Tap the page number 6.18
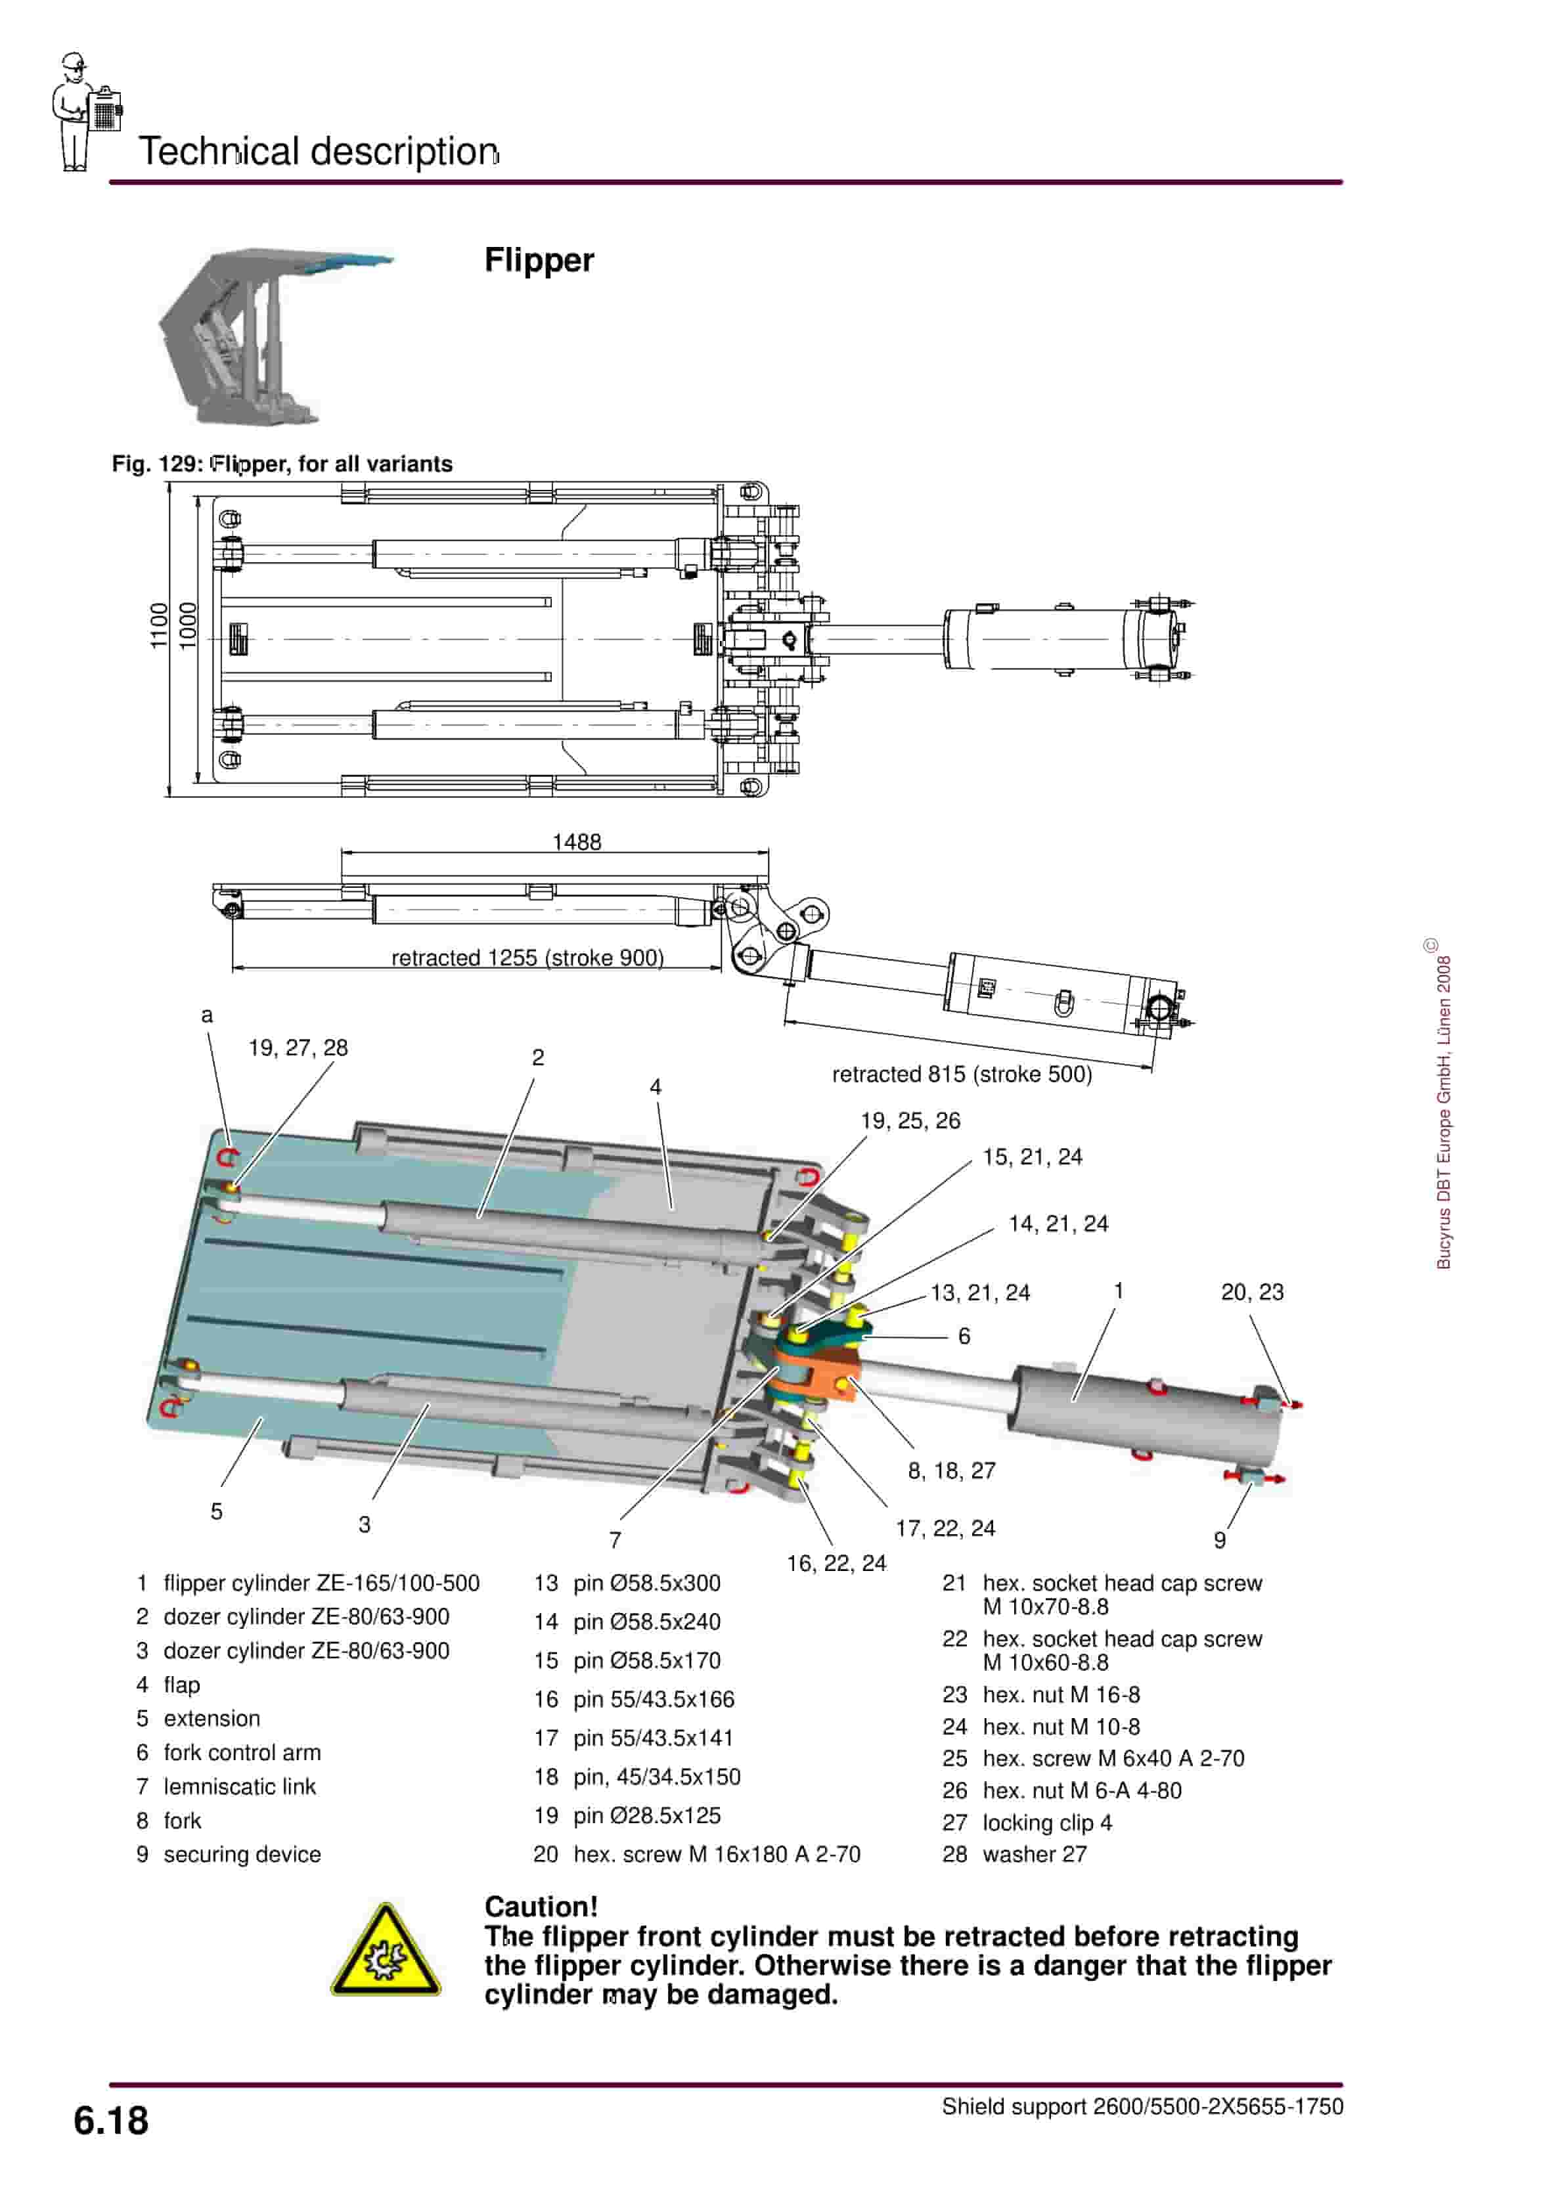(x=111, y=2121)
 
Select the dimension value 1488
(x=576, y=842)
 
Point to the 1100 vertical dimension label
(x=159, y=626)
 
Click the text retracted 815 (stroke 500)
(x=962, y=1074)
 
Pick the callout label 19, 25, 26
(x=910, y=1120)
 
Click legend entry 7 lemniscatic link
(x=227, y=1786)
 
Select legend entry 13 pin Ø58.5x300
(x=627, y=1583)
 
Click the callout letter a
(x=206, y=1015)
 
